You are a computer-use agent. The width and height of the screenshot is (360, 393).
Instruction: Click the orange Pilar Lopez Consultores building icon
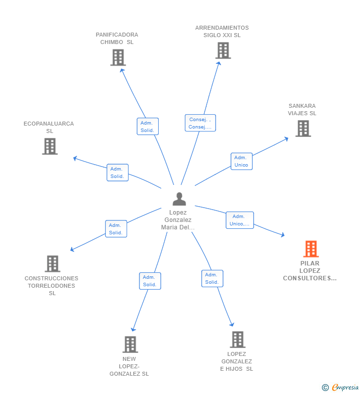pyautogui.click(x=311, y=249)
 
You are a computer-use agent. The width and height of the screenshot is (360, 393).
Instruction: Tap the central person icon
pyautogui.click(x=179, y=199)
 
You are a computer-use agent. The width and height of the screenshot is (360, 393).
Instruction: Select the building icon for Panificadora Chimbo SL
pyautogui.click(x=118, y=58)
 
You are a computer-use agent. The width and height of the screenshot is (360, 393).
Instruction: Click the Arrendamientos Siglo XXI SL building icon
pyautogui.click(x=223, y=50)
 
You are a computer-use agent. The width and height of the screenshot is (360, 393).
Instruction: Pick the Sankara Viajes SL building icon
pyautogui.click(x=303, y=129)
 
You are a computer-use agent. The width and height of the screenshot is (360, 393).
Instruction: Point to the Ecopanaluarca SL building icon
pyautogui.click(x=50, y=146)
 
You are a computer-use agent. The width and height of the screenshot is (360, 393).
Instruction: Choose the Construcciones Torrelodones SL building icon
pyautogui.click(x=52, y=263)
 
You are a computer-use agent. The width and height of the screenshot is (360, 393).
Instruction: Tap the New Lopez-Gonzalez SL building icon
pyautogui.click(x=131, y=345)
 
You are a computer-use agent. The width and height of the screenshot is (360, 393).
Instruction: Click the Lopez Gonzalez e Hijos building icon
pyautogui.click(x=238, y=340)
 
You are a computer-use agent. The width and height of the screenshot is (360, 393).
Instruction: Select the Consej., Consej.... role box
pyautogui.click(x=200, y=123)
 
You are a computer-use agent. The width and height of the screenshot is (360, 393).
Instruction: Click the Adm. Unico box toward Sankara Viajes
pyautogui.click(x=241, y=162)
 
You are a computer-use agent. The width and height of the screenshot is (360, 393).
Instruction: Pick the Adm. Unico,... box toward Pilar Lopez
pyautogui.click(x=240, y=220)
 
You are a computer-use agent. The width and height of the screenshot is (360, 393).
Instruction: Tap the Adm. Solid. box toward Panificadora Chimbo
pyautogui.click(x=148, y=127)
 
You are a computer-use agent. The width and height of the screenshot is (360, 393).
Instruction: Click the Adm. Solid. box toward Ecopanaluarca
pyautogui.click(x=118, y=173)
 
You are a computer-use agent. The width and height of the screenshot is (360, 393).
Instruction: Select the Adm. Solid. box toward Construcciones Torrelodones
pyautogui.click(x=116, y=229)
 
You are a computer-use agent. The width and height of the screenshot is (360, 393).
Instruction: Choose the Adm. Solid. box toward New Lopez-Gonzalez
pyautogui.click(x=150, y=281)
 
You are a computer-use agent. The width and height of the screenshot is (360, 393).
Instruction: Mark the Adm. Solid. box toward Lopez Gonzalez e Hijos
pyautogui.click(x=212, y=278)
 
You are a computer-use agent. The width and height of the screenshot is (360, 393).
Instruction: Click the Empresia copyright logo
pyautogui.click(x=340, y=388)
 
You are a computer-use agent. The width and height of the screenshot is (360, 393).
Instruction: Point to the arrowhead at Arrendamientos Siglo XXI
pyautogui.click(x=219, y=63)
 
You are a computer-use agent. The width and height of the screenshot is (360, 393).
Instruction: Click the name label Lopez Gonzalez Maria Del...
pyautogui.click(x=178, y=220)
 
